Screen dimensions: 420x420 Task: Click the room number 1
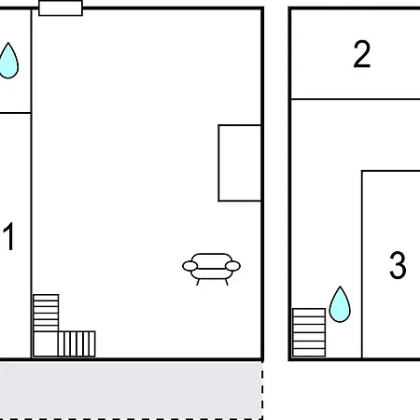[9, 236]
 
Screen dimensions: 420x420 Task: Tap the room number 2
[362, 54]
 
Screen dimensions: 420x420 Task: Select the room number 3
[398, 265]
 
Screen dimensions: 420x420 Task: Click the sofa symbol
[211, 269]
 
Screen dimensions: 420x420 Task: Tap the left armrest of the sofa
[189, 266]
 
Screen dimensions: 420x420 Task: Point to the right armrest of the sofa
[232, 266]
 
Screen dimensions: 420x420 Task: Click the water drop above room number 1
[8, 61]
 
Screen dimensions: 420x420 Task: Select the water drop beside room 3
[340, 304]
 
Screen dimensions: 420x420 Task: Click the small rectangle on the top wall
[61, 8]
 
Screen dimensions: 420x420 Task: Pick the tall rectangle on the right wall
[240, 163]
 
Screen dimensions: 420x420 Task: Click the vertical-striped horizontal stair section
[77, 343]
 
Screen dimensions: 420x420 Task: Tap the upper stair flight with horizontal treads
[46, 313]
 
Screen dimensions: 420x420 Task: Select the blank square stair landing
[46, 343]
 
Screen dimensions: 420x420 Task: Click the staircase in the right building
[309, 332]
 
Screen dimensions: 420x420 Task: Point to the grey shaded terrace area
[131, 389]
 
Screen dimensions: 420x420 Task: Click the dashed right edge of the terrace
[262, 390]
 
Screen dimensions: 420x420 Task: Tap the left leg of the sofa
[198, 282]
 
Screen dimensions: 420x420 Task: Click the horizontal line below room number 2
[356, 99]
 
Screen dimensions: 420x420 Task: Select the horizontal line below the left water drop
[15, 113]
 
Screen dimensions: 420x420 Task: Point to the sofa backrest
[211, 260]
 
